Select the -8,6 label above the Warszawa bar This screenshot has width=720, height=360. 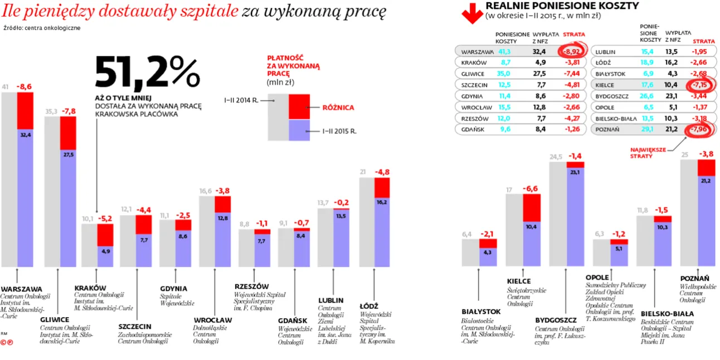tap(25, 86)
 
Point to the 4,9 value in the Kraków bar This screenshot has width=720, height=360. tap(106, 251)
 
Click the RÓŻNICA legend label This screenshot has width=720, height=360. tap(337, 108)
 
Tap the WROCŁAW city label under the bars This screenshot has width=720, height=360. tap(213, 320)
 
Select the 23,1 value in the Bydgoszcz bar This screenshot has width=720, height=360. tap(576, 173)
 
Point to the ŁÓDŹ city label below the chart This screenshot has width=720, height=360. tap(368, 306)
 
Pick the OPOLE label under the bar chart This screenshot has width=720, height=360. tap(597, 277)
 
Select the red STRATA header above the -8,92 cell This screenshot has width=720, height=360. tap(573, 35)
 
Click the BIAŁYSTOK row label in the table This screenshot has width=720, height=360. tap(610, 74)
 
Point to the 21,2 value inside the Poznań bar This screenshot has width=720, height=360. tap(706, 181)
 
